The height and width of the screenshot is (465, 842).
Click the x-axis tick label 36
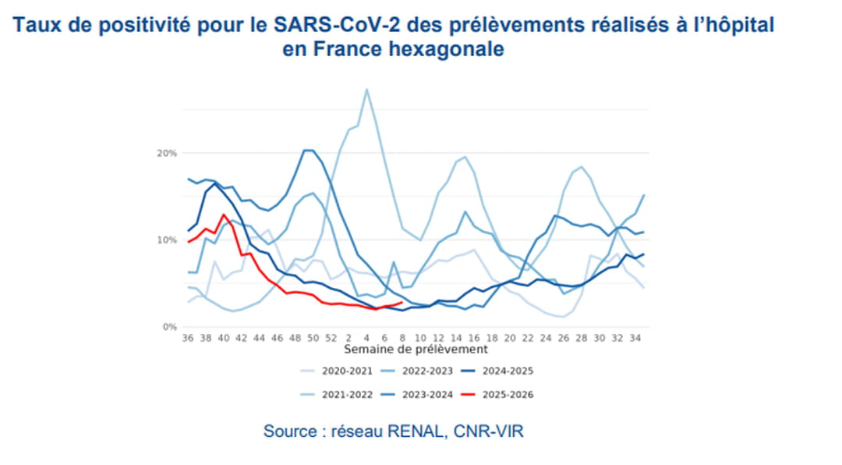coord(187,338)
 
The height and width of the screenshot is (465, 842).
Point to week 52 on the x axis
coord(331,338)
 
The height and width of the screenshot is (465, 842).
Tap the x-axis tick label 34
coord(635,338)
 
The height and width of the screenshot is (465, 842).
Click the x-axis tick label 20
coord(510,338)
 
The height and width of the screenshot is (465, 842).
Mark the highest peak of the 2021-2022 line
coord(366,89)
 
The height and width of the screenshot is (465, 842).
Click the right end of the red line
coord(402,303)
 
